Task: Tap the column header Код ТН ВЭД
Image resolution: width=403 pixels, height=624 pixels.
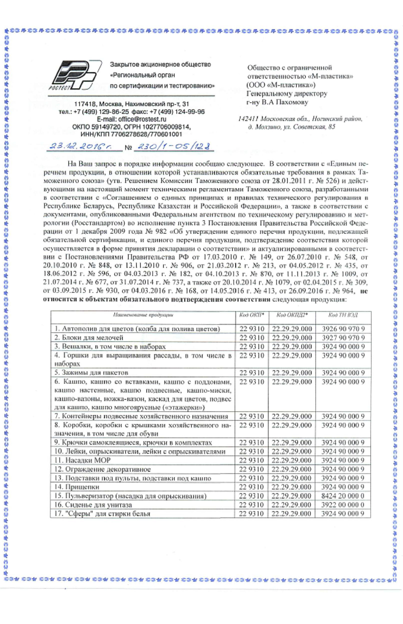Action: click(x=343, y=315)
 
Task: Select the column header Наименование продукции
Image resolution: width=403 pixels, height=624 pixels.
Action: click(x=143, y=315)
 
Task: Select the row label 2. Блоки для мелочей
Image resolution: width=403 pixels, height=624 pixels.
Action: click(x=89, y=338)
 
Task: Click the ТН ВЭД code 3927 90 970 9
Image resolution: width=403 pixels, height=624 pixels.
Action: click(x=343, y=338)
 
